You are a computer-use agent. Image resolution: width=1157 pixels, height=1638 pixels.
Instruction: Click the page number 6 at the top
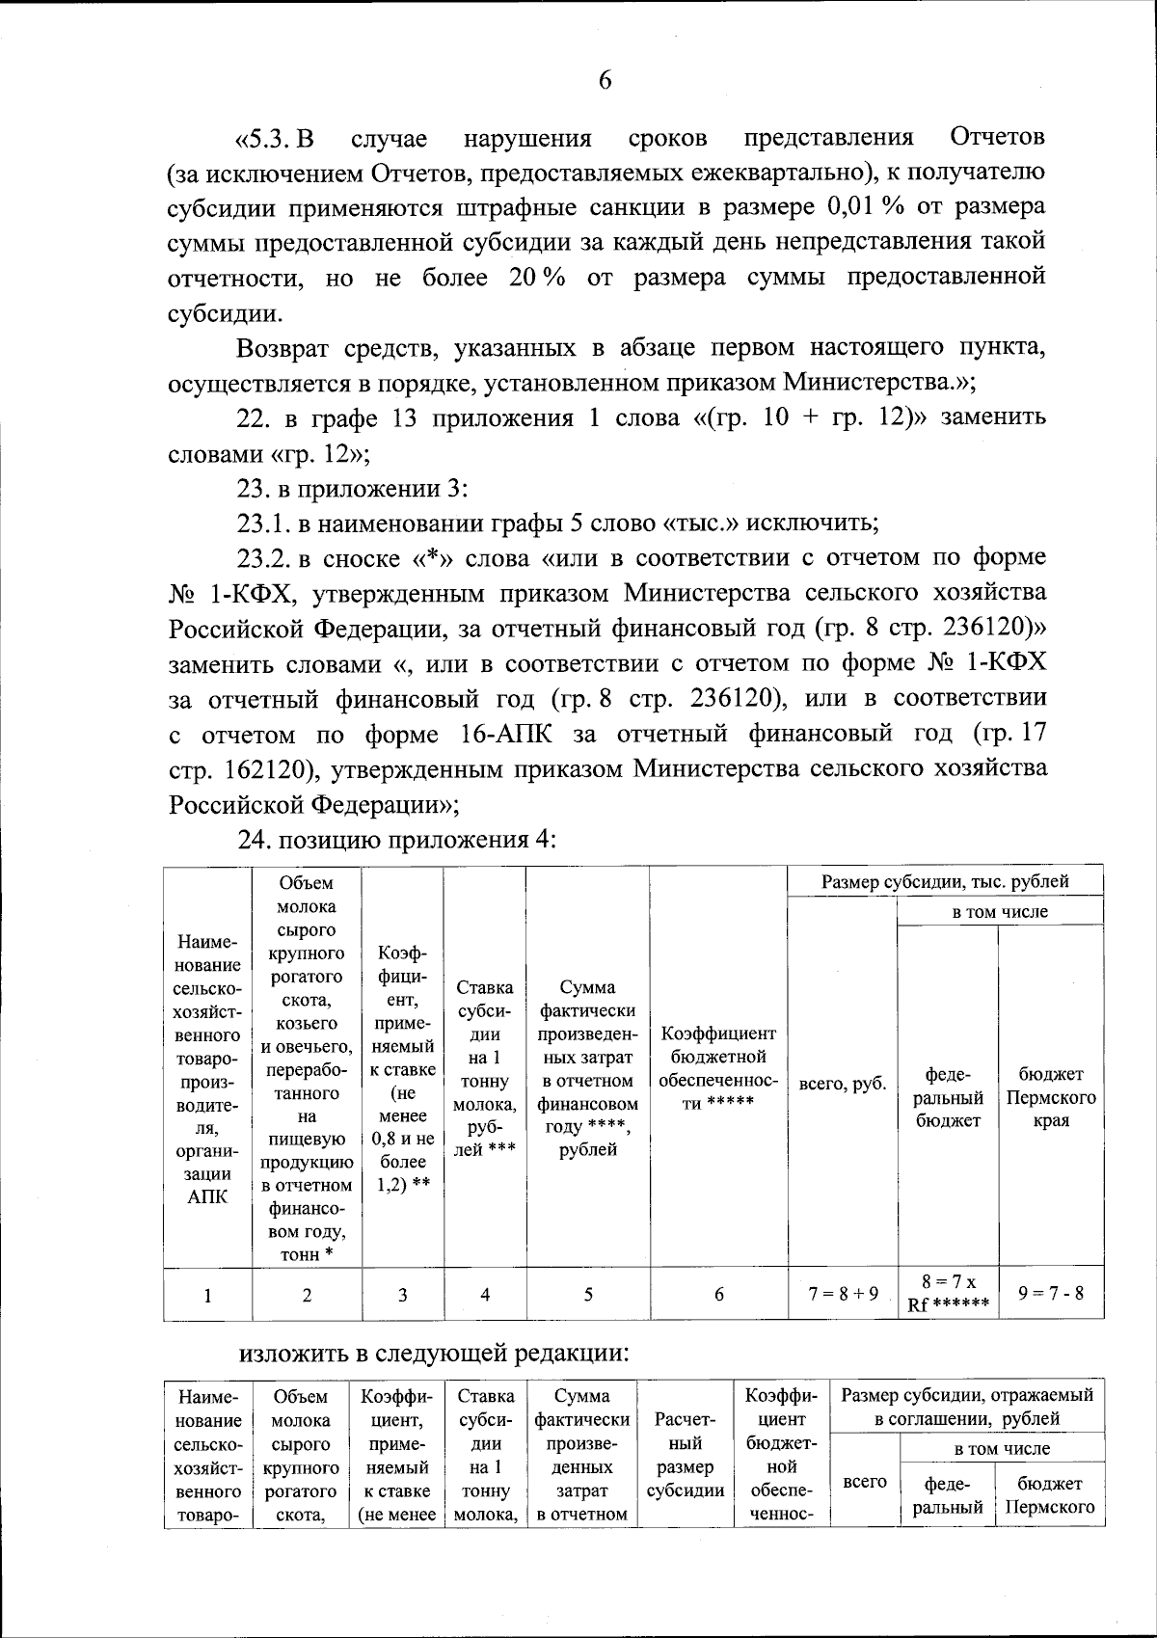(x=605, y=81)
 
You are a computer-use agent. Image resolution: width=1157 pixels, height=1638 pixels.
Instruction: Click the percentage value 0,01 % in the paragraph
(x=862, y=208)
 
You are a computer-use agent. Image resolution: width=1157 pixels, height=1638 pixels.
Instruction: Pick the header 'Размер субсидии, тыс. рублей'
(x=945, y=880)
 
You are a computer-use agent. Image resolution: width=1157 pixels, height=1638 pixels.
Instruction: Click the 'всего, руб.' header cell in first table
(x=843, y=1084)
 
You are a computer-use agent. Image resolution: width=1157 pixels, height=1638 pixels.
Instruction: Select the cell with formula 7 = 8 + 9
(x=843, y=1294)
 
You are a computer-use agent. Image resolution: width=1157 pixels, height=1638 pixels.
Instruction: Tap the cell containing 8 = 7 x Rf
(x=948, y=1294)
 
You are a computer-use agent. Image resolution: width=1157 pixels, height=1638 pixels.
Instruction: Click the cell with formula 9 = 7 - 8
(x=1050, y=1294)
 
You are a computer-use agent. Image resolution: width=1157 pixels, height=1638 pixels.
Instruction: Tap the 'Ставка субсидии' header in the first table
(x=484, y=1067)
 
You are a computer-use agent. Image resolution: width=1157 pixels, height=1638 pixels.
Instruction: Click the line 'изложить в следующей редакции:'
(x=434, y=1353)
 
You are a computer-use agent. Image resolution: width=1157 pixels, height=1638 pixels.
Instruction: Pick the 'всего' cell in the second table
(x=864, y=1481)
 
